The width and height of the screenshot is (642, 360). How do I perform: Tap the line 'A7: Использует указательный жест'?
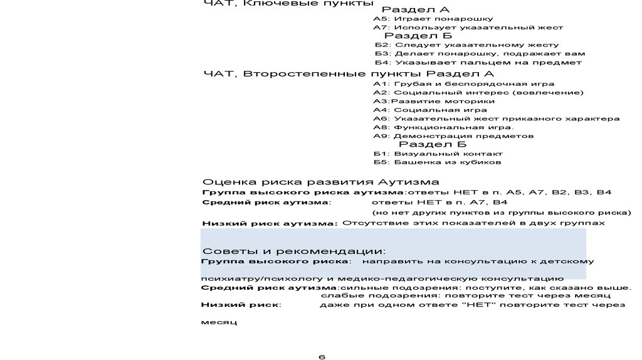468,28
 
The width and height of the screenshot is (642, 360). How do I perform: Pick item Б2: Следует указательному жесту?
466,45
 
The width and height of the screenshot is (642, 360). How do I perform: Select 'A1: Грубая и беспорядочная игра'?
463,84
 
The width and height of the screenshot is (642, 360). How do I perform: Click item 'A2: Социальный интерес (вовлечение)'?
478,93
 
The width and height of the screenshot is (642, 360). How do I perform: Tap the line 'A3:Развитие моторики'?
433,101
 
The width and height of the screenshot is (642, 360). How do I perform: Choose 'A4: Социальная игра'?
429,110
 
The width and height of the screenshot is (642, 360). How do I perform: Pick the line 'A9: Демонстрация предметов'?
453,136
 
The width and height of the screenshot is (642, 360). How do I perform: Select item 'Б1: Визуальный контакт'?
438,154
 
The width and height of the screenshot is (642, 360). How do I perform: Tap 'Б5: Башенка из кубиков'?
437,162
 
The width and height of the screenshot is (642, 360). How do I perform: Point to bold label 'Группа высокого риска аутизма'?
302,192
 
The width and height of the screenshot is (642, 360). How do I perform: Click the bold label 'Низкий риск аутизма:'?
270,223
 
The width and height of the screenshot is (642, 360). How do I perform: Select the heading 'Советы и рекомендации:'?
293,251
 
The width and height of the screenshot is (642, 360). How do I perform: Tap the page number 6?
322,357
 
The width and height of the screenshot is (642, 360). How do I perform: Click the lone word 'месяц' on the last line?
218,322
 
